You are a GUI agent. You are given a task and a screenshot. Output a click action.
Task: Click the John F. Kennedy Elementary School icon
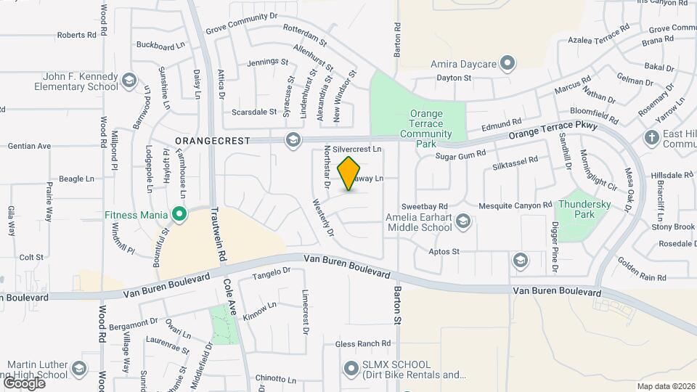[129, 80]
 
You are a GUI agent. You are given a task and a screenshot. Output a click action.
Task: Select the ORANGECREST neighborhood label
[212, 140]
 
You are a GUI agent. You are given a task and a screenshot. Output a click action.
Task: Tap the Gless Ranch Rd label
[363, 343]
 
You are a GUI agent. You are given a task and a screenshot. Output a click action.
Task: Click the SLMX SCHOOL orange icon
[351, 369]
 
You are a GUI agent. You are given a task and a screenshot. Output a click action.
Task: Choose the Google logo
[24, 383]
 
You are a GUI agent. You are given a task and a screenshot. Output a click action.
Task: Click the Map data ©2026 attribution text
[665, 386]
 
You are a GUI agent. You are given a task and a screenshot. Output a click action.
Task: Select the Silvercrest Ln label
[358, 150]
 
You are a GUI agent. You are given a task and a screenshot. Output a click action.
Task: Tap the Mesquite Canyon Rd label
[511, 206]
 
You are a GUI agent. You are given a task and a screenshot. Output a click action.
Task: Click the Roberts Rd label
[77, 35]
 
